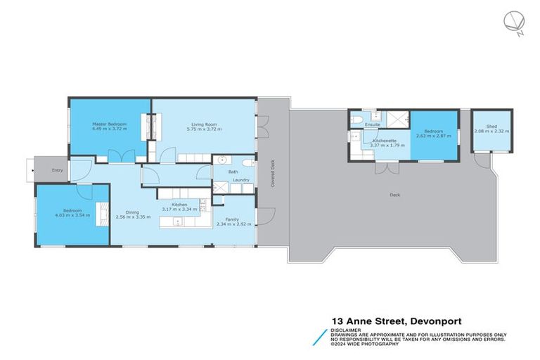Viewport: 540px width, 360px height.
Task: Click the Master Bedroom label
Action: point(108,124)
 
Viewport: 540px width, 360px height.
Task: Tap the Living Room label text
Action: point(204,124)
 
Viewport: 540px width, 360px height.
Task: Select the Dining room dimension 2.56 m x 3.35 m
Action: point(134,217)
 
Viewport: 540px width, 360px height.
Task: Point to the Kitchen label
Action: point(179,204)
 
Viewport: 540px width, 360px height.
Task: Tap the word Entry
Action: point(57,170)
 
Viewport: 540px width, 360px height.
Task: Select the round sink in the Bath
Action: point(220,160)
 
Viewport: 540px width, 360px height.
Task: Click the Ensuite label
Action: point(373,125)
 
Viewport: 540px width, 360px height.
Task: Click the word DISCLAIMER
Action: point(347,328)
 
